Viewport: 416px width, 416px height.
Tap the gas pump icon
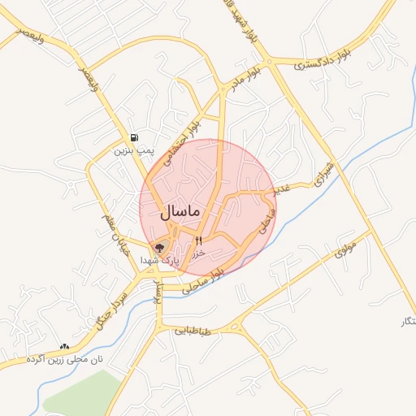[133, 137]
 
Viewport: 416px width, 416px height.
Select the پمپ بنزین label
[133, 151]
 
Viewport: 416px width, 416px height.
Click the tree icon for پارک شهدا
[159, 246]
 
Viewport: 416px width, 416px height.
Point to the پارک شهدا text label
[158, 260]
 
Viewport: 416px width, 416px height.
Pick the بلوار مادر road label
[250, 80]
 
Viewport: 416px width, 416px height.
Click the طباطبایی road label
[193, 331]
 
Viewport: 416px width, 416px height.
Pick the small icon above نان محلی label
[64, 347]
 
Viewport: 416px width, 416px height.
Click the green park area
[81, 394]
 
